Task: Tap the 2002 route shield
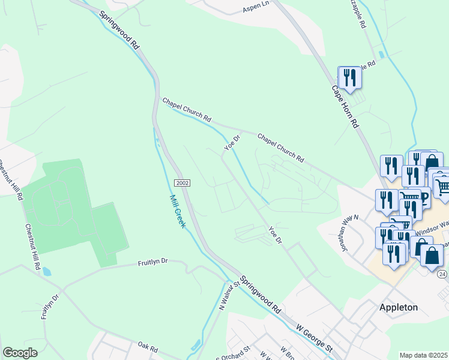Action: [x=183, y=182]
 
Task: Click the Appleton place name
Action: [x=399, y=307]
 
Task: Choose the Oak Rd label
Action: [x=147, y=347]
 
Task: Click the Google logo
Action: [x=20, y=353]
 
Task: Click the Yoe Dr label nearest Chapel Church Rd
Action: [x=232, y=142]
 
